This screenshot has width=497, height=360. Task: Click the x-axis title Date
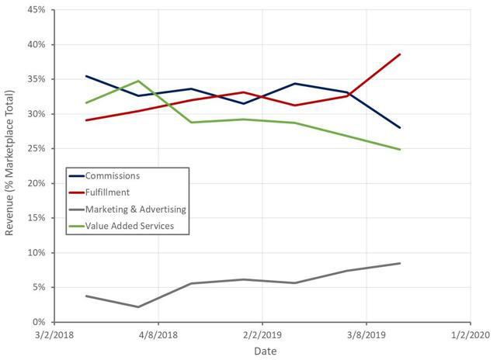tap(264, 351)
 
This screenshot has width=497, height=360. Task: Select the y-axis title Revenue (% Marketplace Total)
tap(10, 167)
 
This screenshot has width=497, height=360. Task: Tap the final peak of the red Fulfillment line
tap(400, 54)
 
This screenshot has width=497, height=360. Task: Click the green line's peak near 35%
tap(138, 81)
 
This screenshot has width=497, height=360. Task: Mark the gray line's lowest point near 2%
tap(138, 306)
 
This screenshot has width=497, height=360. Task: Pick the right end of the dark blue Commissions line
tap(400, 128)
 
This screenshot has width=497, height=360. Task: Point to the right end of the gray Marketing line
tap(400, 263)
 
